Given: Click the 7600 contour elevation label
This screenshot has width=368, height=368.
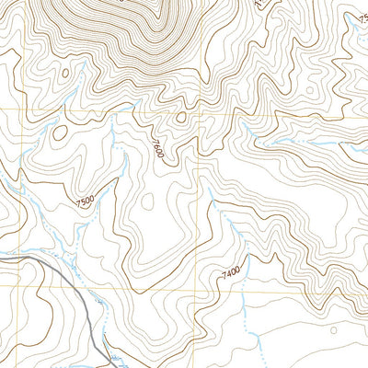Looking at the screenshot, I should (x=157, y=146).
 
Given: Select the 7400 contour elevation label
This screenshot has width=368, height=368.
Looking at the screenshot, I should (x=231, y=271).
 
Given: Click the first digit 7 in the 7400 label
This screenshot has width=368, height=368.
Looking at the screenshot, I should (x=224, y=274).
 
